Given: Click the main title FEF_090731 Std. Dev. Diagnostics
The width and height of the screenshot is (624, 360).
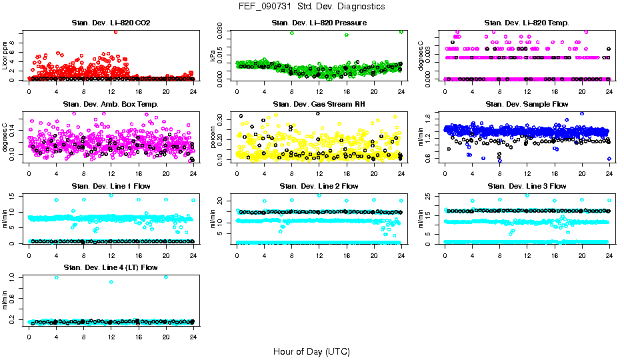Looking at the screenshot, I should pos(311,6).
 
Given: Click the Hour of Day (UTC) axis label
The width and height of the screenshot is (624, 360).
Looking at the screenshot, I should pos(311,351).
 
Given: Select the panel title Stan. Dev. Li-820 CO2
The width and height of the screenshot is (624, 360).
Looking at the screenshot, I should pos(111,23).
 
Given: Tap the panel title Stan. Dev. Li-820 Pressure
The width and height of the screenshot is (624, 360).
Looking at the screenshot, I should pos(319,23).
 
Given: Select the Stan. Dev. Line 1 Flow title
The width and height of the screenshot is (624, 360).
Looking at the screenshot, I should pos(111,186).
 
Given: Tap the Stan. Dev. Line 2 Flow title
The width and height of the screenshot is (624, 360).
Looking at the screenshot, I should pos(319,186).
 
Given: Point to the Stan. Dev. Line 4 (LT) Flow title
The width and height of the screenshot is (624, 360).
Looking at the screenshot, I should pos(111,267).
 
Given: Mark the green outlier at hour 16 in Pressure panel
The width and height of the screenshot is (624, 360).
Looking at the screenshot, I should pos(347,35).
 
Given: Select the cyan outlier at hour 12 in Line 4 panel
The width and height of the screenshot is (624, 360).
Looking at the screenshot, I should pos(111,282).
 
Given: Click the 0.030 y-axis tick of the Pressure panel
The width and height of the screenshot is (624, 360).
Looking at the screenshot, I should pos(223,31).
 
